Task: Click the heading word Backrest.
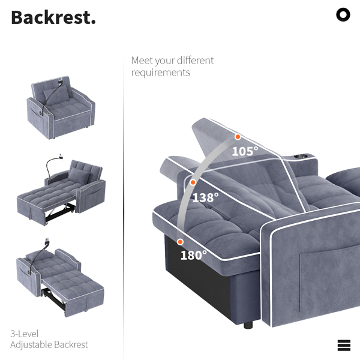(x=53, y=17)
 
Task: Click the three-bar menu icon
(x=344, y=345)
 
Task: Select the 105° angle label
(x=245, y=151)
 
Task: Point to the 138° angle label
(x=205, y=197)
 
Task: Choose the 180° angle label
(x=194, y=255)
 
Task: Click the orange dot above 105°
(x=238, y=137)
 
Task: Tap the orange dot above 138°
(x=193, y=182)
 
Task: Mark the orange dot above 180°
(x=180, y=242)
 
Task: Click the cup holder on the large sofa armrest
(x=301, y=157)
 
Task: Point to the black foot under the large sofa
(x=248, y=325)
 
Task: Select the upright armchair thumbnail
(x=61, y=107)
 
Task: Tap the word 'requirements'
(x=161, y=73)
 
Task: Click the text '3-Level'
(x=25, y=334)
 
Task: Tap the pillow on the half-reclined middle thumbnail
(x=79, y=176)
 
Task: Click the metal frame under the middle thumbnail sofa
(x=60, y=212)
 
